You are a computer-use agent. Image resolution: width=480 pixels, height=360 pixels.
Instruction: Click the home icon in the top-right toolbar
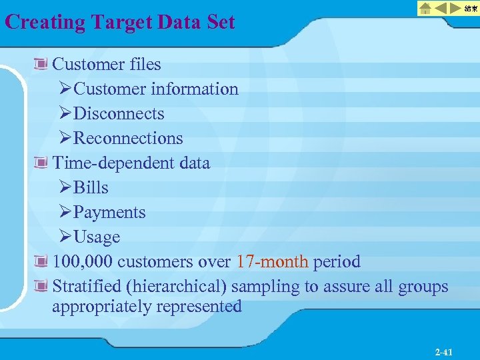pyautogui.click(x=425, y=9)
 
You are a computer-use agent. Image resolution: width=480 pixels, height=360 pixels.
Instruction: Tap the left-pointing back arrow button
pyautogui.click(x=441, y=9)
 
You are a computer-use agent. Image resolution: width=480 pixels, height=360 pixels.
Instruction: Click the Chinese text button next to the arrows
pyautogui.click(x=471, y=9)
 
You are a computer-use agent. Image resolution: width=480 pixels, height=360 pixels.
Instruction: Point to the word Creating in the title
pyautogui.click(x=45, y=22)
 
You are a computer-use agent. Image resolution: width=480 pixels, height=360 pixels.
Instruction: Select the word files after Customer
pyautogui.click(x=144, y=64)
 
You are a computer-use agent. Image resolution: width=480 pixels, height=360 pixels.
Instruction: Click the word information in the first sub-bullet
pyautogui.click(x=194, y=89)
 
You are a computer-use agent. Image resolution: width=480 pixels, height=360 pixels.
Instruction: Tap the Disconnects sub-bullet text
pyautogui.click(x=119, y=113)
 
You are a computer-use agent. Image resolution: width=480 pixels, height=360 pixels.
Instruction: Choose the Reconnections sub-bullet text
pyautogui.click(x=128, y=138)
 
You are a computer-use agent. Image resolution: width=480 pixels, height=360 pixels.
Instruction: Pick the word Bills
pyautogui.click(x=91, y=187)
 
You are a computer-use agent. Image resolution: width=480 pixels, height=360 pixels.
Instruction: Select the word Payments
pyautogui.click(x=109, y=212)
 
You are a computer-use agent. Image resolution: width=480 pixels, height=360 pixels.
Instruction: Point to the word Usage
pyautogui.click(x=97, y=237)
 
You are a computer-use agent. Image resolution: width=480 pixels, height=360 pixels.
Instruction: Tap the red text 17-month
pyautogui.click(x=272, y=261)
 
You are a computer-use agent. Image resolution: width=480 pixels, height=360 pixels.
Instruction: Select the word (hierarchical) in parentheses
pyautogui.click(x=171, y=286)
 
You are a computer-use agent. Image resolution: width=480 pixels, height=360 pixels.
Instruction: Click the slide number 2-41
pyautogui.click(x=443, y=352)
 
